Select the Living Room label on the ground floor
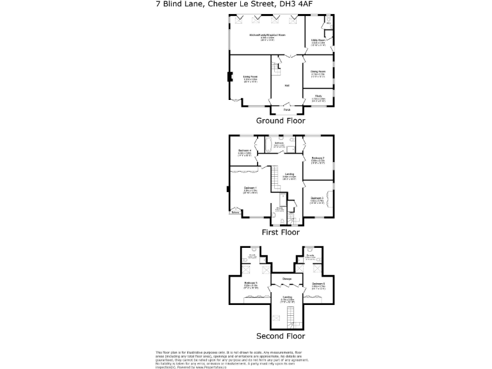tap(250, 79)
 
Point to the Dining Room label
tap(318, 72)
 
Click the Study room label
tap(318, 97)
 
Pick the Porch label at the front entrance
tap(287, 110)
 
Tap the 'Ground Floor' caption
tap(281, 120)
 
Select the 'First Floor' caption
tap(281, 233)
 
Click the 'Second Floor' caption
tap(281, 336)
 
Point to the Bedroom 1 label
tap(250, 188)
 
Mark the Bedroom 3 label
tap(317, 199)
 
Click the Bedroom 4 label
tap(245, 152)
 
